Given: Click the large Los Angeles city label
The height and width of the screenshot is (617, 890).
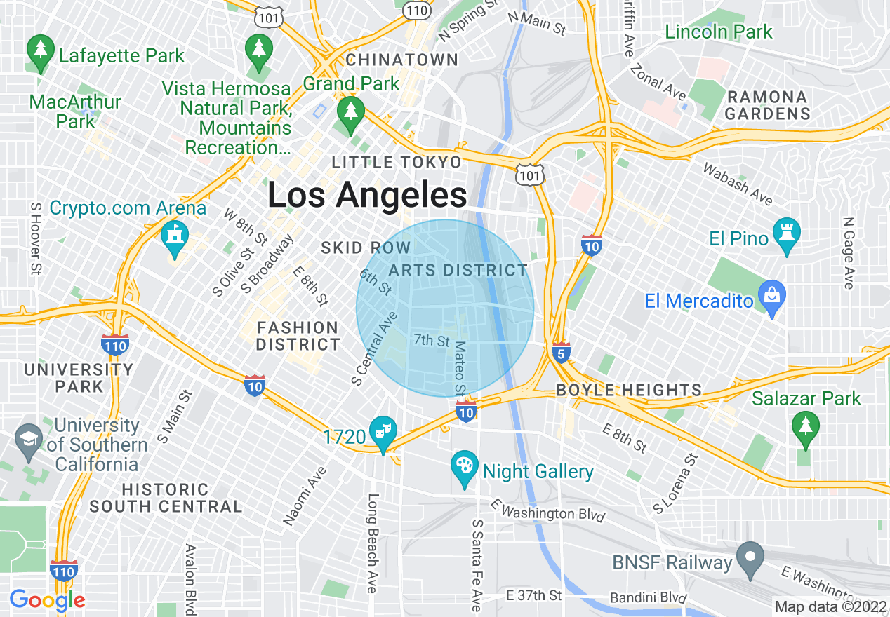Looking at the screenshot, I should tap(367, 195).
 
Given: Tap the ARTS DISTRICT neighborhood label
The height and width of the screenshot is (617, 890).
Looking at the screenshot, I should tap(458, 270).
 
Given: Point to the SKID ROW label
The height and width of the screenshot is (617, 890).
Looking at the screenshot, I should tap(365, 248).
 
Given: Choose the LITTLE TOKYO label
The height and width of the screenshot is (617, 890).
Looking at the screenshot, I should tap(397, 163).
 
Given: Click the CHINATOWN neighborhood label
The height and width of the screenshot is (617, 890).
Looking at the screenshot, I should tap(402, 60).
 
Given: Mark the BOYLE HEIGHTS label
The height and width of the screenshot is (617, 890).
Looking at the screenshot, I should tap(629, 390).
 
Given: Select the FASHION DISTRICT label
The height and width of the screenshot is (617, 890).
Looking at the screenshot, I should tap(298, 336).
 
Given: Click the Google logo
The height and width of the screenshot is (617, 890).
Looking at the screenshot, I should tap(47, 600).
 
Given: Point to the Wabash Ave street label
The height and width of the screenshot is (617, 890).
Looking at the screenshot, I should tap(738, 184).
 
